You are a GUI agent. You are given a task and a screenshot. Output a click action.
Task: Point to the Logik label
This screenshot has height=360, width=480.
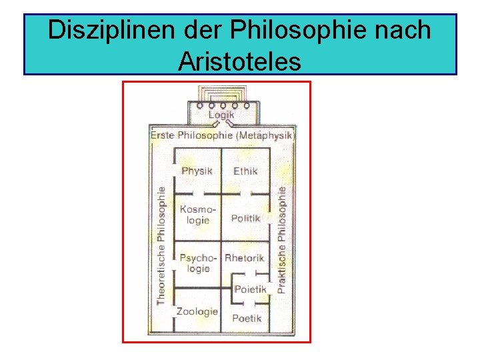pyautogui.click(x=221, y=115)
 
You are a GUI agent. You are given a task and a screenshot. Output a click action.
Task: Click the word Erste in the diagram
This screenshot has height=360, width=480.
pyautogui.click(x=163, y=135)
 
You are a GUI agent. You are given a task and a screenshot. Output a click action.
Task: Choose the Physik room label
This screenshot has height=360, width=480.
pyautogui.click(x=197, y=171)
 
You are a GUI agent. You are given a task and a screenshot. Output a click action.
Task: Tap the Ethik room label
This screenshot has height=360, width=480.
pyautogui.click(x=245, y=171)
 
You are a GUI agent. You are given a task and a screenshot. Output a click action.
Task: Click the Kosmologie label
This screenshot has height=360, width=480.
pyautogui.click(x=195, y=215)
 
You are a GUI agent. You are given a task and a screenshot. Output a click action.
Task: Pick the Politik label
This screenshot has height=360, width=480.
pyautogui.click(x=245, y=219)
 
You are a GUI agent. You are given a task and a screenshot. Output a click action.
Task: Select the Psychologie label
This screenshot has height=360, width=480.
pyautogui.click(x=197, y=263)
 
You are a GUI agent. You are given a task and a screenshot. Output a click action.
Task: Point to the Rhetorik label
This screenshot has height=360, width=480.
pyautogui.click(x=244, y=258)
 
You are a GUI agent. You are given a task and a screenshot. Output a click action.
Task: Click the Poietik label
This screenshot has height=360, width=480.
pyautogui.click(x=250, y=289)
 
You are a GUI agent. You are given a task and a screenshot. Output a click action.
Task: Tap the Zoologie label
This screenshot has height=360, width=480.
pyautogui.click(x=197, y=311)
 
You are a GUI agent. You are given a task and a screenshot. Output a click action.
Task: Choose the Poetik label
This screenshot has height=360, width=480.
pyautogui.click(x=247, y=318)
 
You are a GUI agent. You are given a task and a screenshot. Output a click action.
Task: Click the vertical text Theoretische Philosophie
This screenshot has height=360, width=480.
pyautogui.click(x=161, y=245)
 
